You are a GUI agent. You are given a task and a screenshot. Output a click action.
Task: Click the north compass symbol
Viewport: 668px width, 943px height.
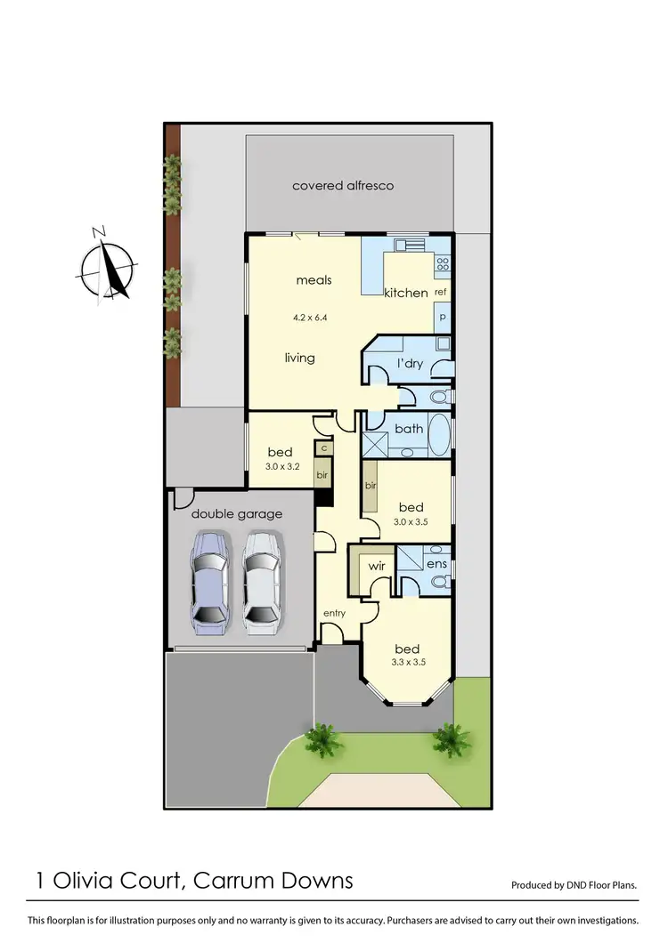108,265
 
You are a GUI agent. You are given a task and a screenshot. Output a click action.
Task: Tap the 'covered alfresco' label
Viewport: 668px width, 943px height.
343,186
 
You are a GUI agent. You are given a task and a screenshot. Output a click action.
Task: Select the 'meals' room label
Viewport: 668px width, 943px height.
314,280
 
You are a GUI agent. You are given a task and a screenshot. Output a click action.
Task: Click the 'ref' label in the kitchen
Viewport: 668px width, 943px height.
440,293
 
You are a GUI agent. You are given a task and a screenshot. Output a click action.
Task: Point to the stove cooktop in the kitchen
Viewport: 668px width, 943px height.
442,262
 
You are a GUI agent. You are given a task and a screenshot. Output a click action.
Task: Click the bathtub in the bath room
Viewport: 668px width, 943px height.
439,436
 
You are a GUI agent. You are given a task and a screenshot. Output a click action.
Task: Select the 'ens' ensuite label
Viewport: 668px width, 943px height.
436,564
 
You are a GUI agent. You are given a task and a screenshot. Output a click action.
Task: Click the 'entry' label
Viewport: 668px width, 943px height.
334,614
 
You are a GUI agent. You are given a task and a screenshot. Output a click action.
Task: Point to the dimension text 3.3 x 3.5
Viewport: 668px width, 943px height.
407,663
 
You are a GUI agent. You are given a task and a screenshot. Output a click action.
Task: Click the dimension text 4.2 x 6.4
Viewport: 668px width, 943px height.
310,317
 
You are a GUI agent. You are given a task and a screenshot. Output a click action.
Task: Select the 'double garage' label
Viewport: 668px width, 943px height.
237,513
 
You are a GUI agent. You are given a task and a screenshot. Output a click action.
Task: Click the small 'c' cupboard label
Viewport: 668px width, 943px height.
323,449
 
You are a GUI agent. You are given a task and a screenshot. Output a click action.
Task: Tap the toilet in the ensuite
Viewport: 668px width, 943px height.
438,583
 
